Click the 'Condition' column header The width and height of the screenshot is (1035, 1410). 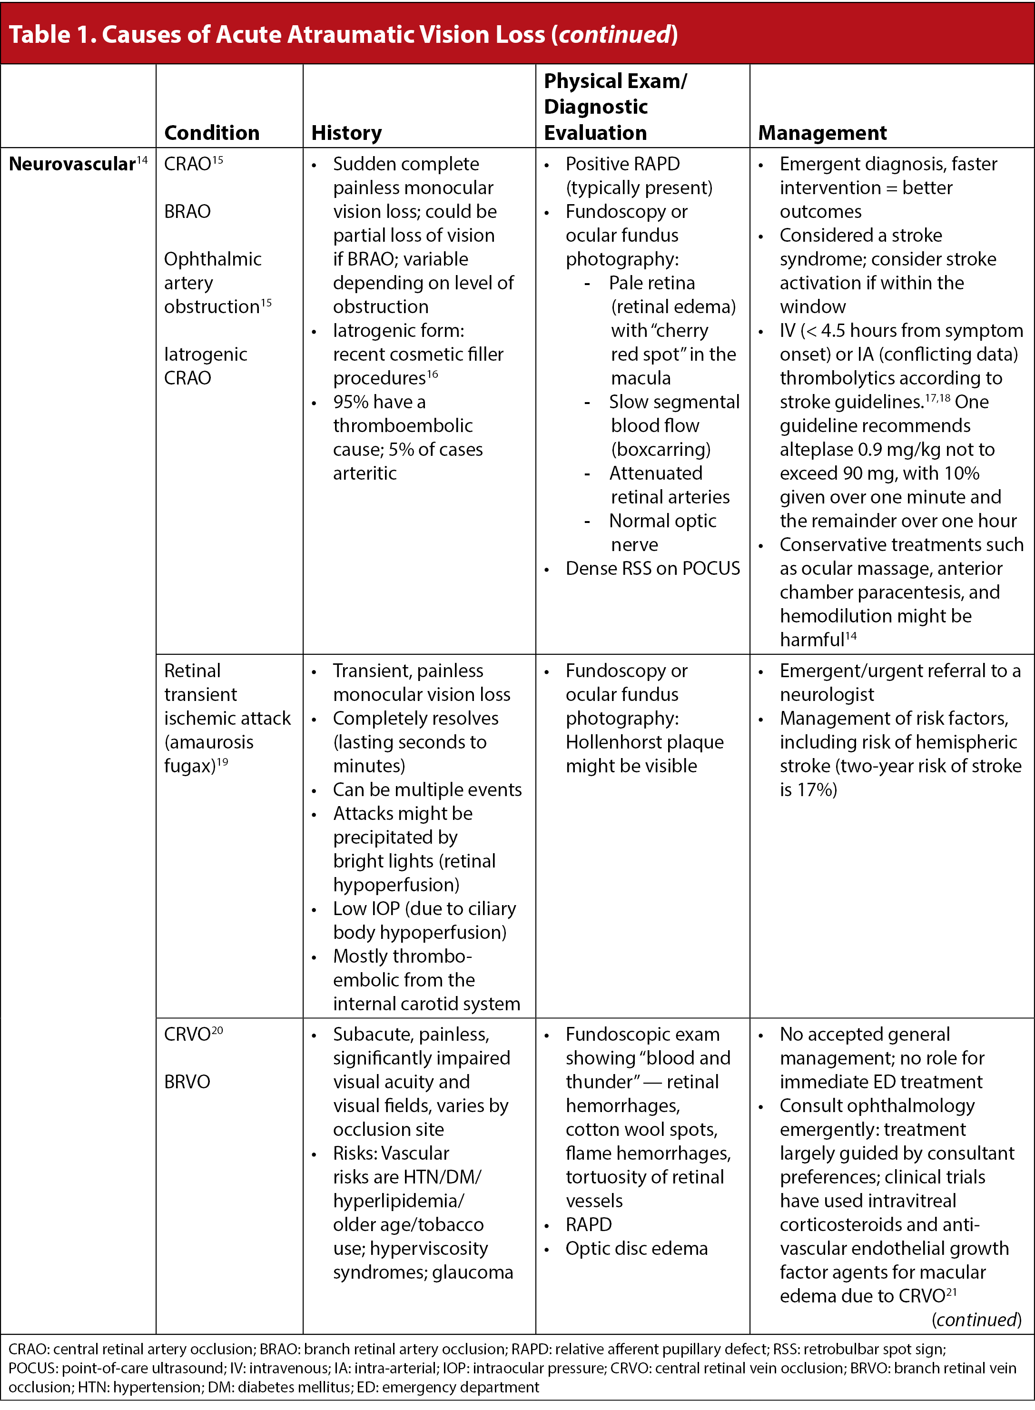[212, 133]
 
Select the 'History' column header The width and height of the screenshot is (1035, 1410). [346, 133]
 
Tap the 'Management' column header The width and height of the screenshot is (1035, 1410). [822, 133]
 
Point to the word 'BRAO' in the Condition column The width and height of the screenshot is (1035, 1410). [187, 212]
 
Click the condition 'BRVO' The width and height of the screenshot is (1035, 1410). [187, 1082]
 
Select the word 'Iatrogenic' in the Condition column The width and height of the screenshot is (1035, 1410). [206, 355]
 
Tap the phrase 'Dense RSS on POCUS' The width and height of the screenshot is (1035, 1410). [652, 569]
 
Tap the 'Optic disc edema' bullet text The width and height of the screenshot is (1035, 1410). [637, 1248]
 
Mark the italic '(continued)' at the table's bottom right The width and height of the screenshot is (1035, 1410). [976, 1320]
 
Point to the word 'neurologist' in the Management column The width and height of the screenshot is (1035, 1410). [827, 695]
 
